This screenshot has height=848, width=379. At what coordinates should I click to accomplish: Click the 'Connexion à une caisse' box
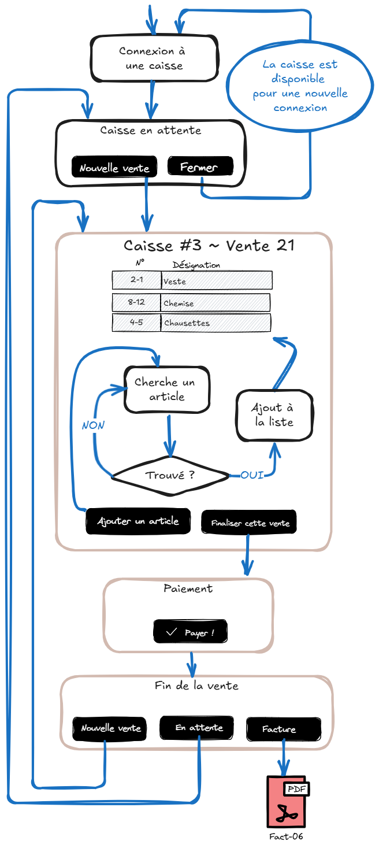154,58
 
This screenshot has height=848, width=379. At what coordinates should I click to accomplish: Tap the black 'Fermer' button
200,166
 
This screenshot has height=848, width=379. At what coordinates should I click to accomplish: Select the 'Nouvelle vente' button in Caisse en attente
114,168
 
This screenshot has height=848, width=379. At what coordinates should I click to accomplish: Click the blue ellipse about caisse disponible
300,86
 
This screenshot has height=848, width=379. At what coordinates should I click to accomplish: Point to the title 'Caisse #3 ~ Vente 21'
209,246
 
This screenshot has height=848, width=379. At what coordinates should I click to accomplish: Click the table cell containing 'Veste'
216,281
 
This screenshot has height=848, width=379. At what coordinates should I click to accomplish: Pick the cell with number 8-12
136,302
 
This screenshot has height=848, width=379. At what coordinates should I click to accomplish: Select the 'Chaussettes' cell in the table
215,323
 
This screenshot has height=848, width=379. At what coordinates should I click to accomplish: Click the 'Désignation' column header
196,265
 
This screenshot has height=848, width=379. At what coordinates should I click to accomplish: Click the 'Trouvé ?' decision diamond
170,476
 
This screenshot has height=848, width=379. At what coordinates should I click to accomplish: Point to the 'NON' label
93,425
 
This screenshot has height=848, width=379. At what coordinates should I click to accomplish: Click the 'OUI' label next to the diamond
252,475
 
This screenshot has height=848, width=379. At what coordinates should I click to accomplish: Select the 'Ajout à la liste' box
274,415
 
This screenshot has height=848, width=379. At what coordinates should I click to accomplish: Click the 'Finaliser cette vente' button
249,523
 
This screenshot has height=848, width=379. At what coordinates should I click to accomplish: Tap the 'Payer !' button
190,632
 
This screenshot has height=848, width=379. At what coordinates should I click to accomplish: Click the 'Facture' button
283,729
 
